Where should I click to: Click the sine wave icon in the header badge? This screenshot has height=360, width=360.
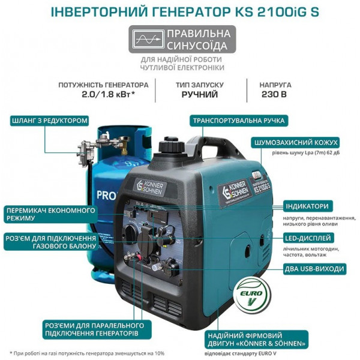pyautogui.click(x=147, y=40)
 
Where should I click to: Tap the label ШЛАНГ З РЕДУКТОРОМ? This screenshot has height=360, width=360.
pyautogui.click(x=50, y=121)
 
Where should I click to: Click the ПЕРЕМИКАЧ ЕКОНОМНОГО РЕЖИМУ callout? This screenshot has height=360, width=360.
pyautogui.click(x=50, y=214)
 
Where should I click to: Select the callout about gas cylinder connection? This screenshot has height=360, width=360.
pyautogui.click(x=50, y=242)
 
